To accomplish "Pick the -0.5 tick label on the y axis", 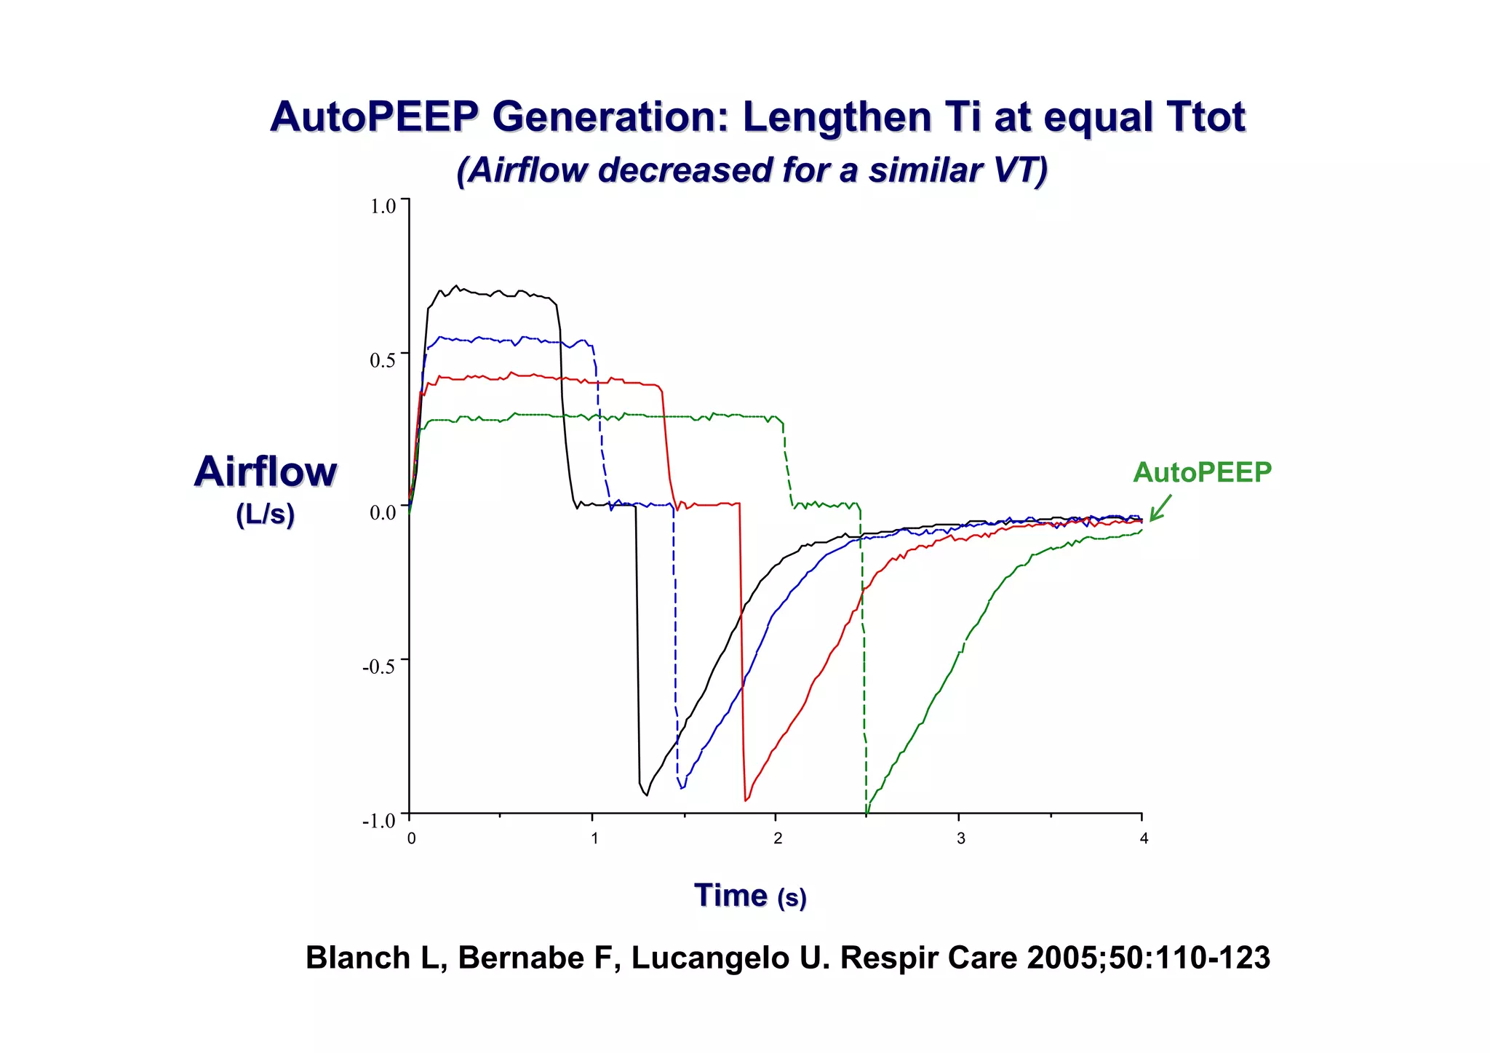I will [379, 667].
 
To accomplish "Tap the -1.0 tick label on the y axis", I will [379, 821].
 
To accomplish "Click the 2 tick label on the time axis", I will [778, 838].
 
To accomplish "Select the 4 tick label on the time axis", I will [1144, 838].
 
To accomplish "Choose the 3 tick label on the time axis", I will [960, 838].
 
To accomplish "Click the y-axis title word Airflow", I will [266, 472].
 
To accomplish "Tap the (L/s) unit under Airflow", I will [266, 514].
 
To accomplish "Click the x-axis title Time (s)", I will [750, 895].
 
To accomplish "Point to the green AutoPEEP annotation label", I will [1202, 472].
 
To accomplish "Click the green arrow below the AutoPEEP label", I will [1160, 508].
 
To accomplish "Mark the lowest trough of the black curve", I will [646, 795].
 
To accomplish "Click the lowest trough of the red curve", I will [746, 800].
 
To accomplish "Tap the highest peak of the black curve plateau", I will [456, 286].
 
